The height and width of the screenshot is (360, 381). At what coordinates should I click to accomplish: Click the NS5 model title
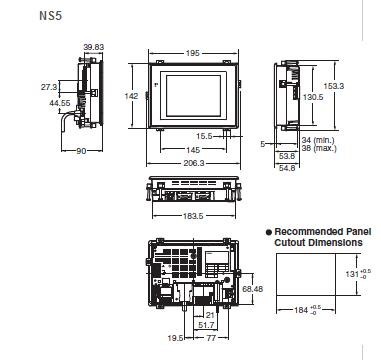pos(51,16)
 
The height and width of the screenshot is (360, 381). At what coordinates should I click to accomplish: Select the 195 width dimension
pos(192,53)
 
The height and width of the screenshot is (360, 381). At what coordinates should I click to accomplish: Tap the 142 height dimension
pos(131,96)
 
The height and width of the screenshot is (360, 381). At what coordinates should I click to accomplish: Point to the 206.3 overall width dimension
pos(194,163)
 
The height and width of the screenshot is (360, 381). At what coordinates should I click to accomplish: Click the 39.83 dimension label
pos(94,47)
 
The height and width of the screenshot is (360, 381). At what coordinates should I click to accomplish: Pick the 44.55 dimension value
pos(60,103)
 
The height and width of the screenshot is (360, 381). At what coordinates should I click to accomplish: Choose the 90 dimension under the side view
pos(81,151)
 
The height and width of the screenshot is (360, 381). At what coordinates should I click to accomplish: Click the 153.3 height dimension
pos(334,86)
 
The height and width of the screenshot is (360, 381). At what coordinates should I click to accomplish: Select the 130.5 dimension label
pos(313,97)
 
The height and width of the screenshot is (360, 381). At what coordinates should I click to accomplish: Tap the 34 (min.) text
pos(318,140)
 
